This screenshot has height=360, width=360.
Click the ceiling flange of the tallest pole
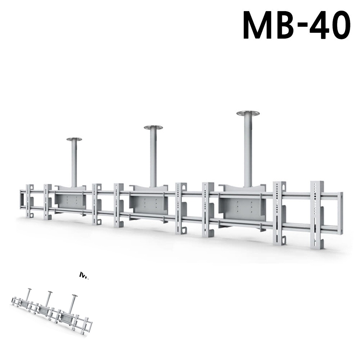click(248, 113)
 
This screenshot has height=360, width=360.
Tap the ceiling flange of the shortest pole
click(74, 139)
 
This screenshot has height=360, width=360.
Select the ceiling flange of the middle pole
click(153, 127)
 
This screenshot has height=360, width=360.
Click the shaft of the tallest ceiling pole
click(248, 151)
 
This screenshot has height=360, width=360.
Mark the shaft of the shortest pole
click(74, 164)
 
